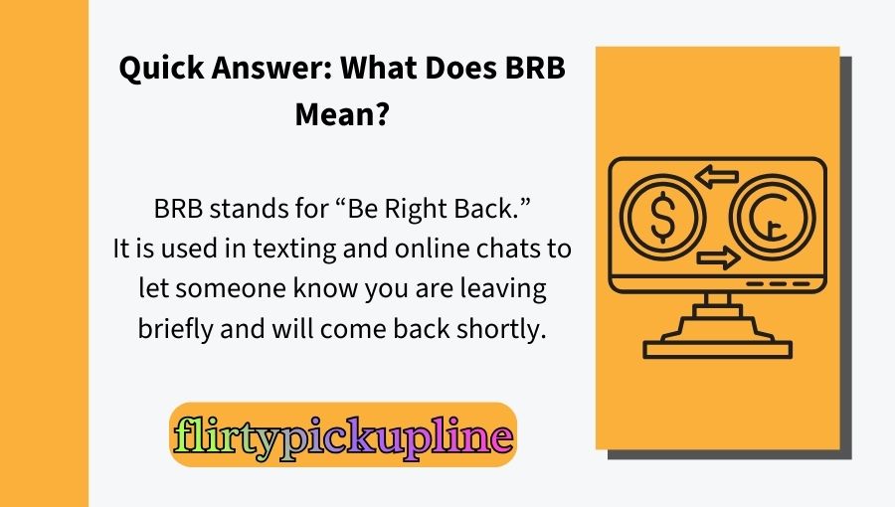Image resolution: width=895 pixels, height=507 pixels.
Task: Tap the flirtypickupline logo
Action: coord(343,435)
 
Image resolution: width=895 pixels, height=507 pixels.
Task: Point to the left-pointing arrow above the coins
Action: coord(716,178)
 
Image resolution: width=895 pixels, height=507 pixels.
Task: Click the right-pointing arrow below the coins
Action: coord(718,259)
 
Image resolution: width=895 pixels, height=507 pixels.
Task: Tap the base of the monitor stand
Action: coord(717,348)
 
